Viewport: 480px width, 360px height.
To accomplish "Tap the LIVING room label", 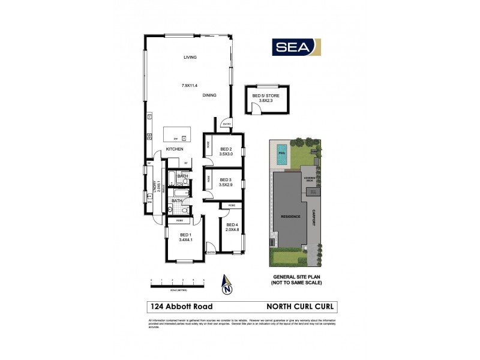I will [190, 58].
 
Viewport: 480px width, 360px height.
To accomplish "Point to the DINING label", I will [209, 95].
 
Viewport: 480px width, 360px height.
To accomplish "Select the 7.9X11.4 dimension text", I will [190, 86].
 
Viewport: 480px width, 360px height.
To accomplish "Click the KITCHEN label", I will [175, 149].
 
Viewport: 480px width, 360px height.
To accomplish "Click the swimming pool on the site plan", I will [282, 156].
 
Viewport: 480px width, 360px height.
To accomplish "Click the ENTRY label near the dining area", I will [226, 124].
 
